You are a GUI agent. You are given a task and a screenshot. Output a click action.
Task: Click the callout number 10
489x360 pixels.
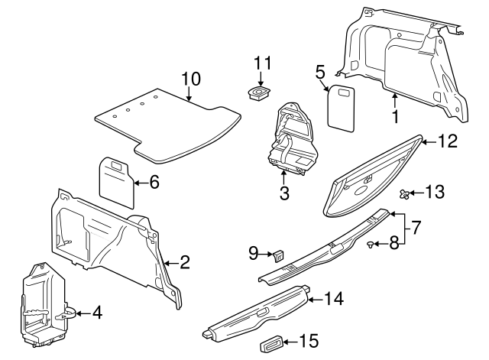190,79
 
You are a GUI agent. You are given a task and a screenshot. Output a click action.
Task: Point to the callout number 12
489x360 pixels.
447,141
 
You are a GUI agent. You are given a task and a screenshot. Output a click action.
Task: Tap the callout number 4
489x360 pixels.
97,313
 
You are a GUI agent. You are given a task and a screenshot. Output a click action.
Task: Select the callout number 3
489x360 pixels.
283,193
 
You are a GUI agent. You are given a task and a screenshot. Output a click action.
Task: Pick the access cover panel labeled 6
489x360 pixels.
117,182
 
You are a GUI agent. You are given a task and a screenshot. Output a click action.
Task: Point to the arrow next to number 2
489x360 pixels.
170,263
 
